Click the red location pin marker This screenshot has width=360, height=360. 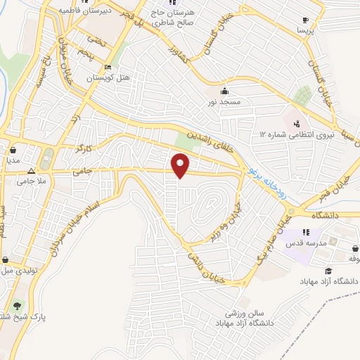[x=181, y=166]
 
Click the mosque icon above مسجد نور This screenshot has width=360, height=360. [x=224, y=91]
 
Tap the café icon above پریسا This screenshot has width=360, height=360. [x=305, y=20]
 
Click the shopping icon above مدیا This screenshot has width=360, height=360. [x=13, y=150]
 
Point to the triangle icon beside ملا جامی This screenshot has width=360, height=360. [x=31, y=171]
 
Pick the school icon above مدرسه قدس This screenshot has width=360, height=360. [x=306, y=232]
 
